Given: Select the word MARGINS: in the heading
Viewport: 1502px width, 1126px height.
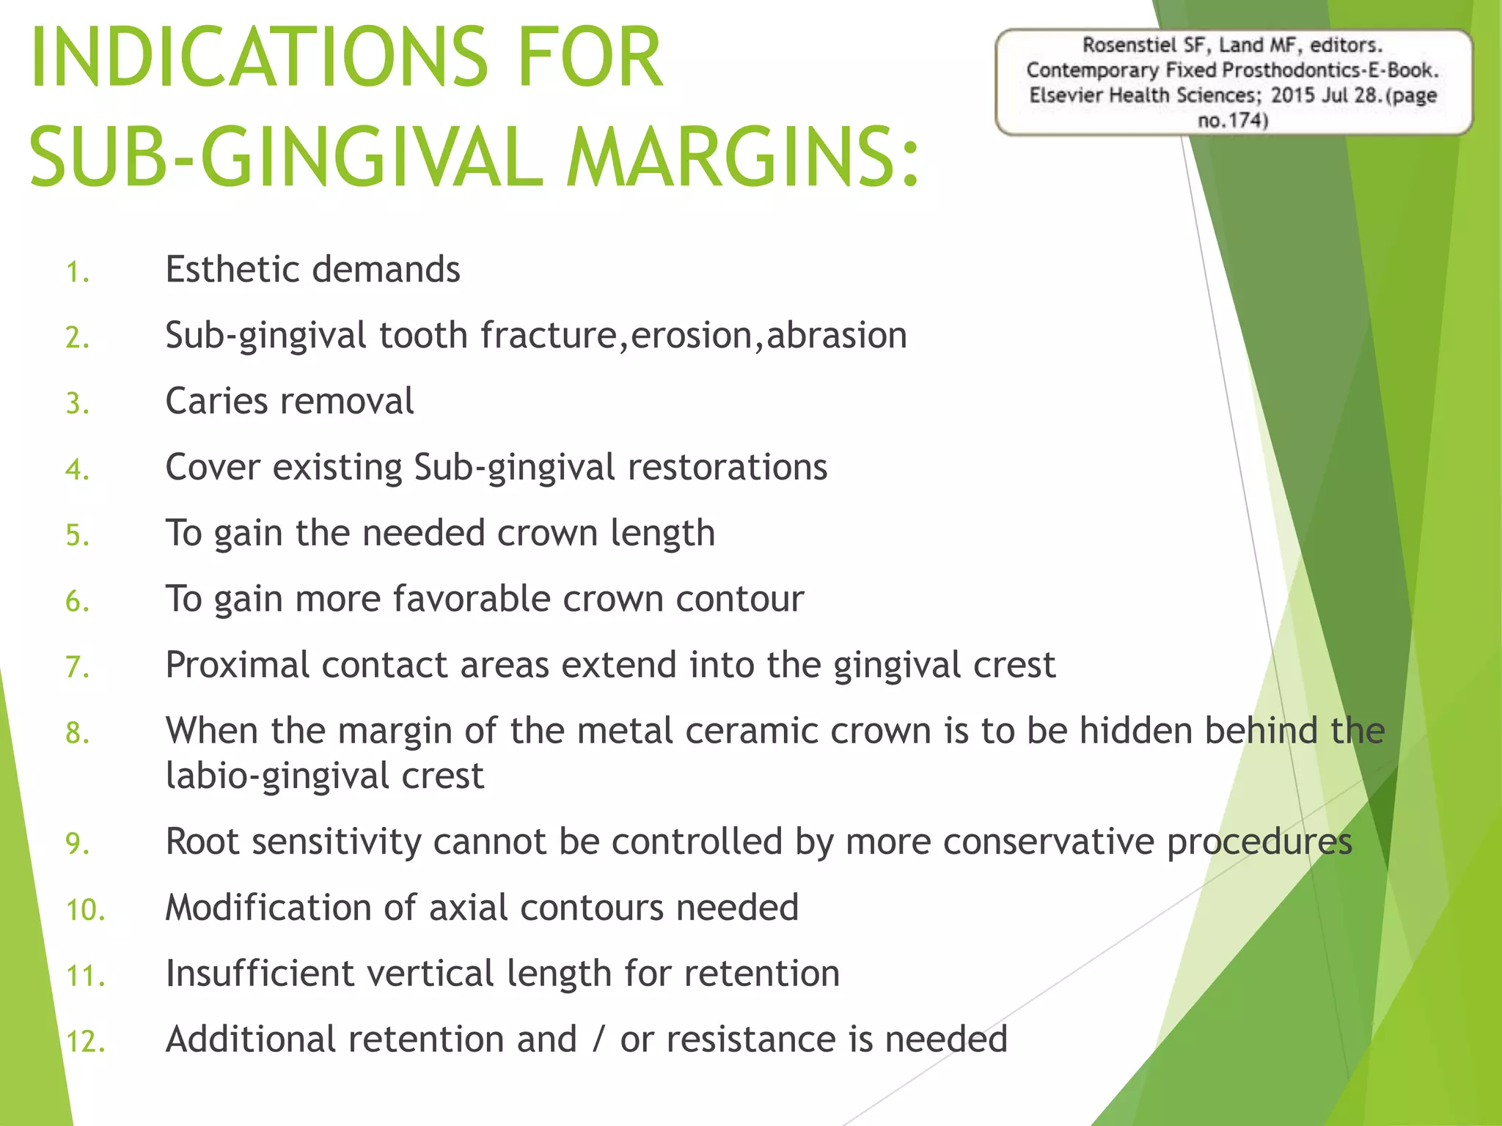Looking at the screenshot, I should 742,158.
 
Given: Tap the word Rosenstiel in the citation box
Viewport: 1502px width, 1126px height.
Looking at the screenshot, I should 1129,45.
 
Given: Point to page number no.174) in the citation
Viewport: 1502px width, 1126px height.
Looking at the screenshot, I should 1232,120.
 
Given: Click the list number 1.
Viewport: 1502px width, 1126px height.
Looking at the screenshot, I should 77,273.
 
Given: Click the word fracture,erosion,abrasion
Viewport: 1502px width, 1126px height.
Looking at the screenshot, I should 693,336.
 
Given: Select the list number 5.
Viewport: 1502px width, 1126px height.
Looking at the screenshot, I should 77,536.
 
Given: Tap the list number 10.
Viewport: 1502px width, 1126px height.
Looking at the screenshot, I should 85,910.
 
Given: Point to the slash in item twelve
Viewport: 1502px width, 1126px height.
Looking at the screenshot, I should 598,1039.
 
